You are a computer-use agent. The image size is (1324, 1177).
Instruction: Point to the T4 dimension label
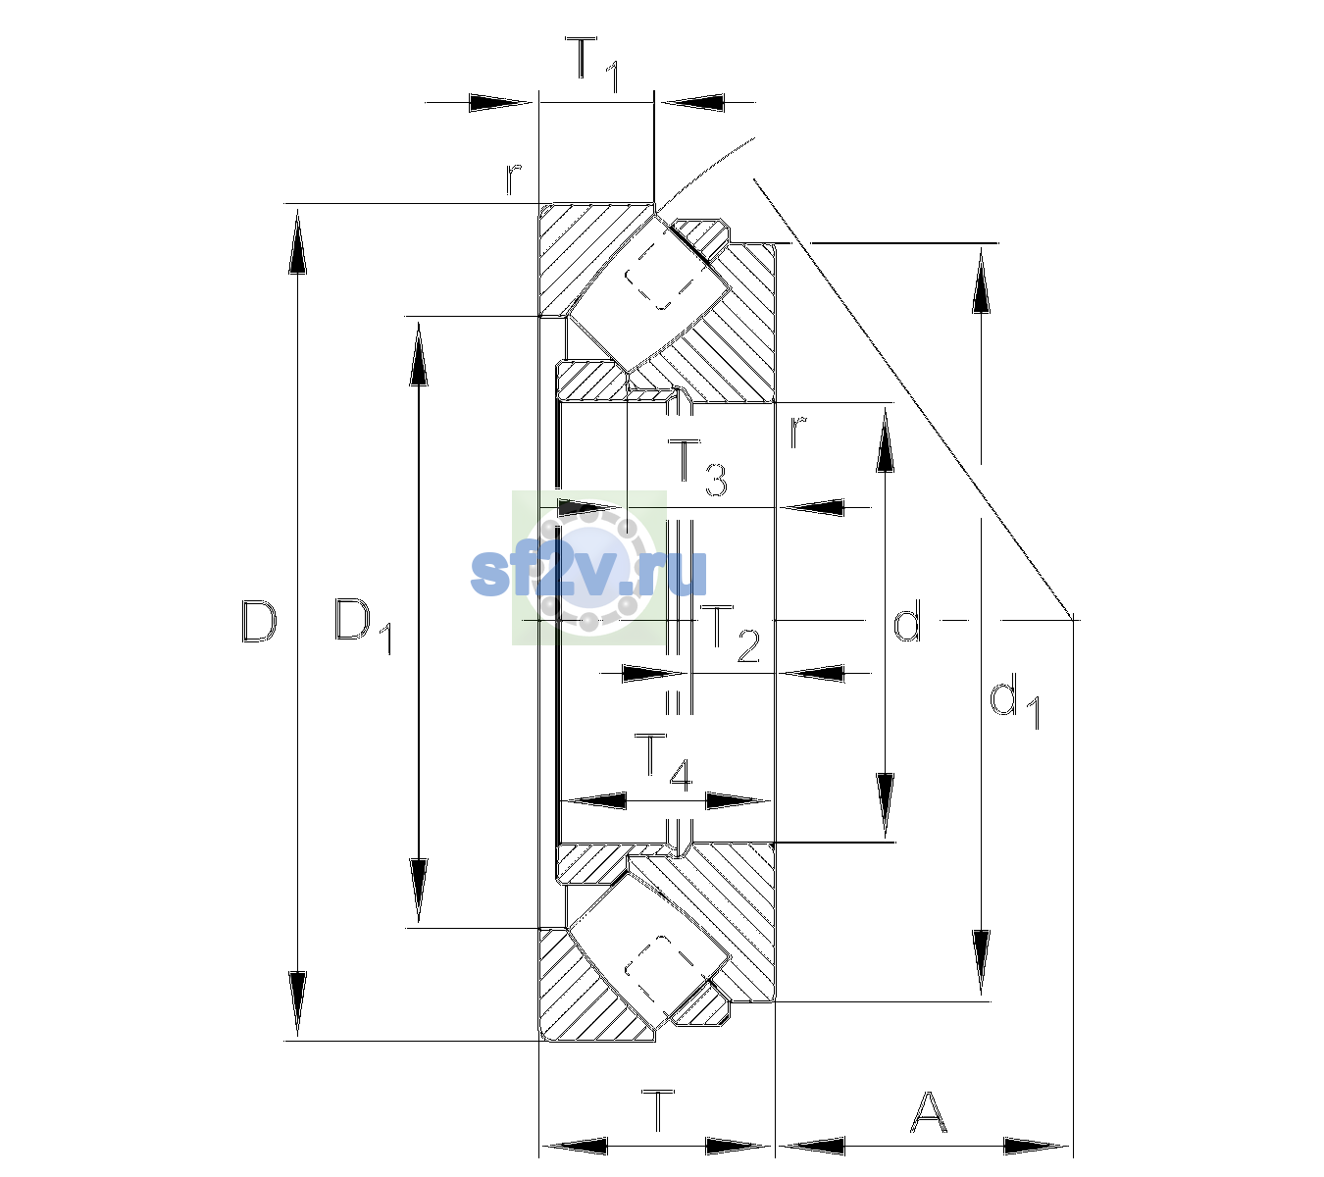pos(663,763)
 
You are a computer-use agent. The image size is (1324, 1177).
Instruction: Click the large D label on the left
pos(259,621)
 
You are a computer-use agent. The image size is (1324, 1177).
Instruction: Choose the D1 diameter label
pos(363,626)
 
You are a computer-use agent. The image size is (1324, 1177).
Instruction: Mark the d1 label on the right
pos(1014,703)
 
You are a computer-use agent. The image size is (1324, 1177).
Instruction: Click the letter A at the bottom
pos(928,1111)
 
